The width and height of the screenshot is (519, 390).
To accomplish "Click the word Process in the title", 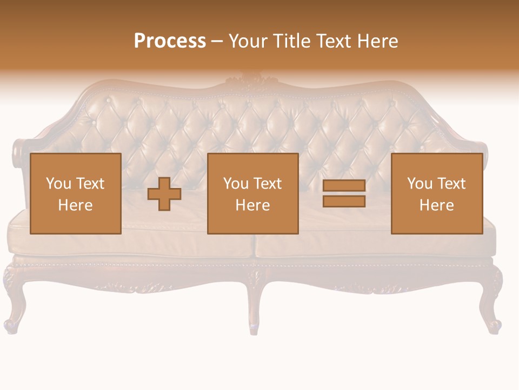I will (170, 41).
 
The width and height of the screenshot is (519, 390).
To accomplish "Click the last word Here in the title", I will (378, 41).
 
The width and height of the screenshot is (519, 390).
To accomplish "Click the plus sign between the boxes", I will (164, 194).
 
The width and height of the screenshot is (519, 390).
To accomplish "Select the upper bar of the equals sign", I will (344, 186).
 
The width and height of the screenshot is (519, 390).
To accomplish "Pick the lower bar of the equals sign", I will (344, 201).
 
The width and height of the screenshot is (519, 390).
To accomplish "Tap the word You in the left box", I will (58, 184).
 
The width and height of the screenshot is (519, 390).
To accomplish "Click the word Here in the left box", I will (75, 205).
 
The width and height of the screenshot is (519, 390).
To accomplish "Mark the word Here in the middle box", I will (252, 205).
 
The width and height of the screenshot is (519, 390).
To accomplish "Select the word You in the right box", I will (420, 184).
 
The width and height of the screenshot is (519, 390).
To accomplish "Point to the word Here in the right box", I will (436, 205).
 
